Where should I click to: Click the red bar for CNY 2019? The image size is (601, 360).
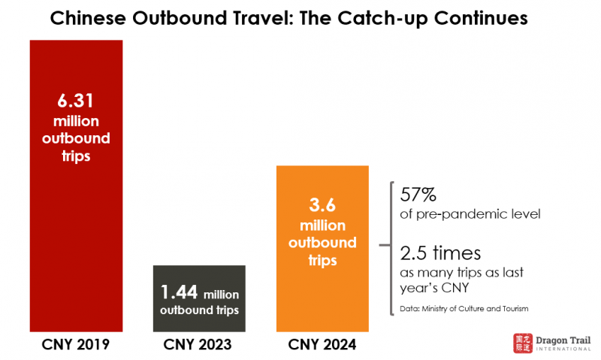point(76,225)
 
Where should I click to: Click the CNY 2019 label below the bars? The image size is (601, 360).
point(76,346)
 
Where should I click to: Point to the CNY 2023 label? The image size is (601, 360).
point(199,346)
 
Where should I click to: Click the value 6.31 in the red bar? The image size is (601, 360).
point(76,100)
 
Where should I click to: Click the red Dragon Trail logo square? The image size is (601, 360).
point(522,343)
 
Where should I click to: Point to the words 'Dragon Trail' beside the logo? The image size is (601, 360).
point(561,339)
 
